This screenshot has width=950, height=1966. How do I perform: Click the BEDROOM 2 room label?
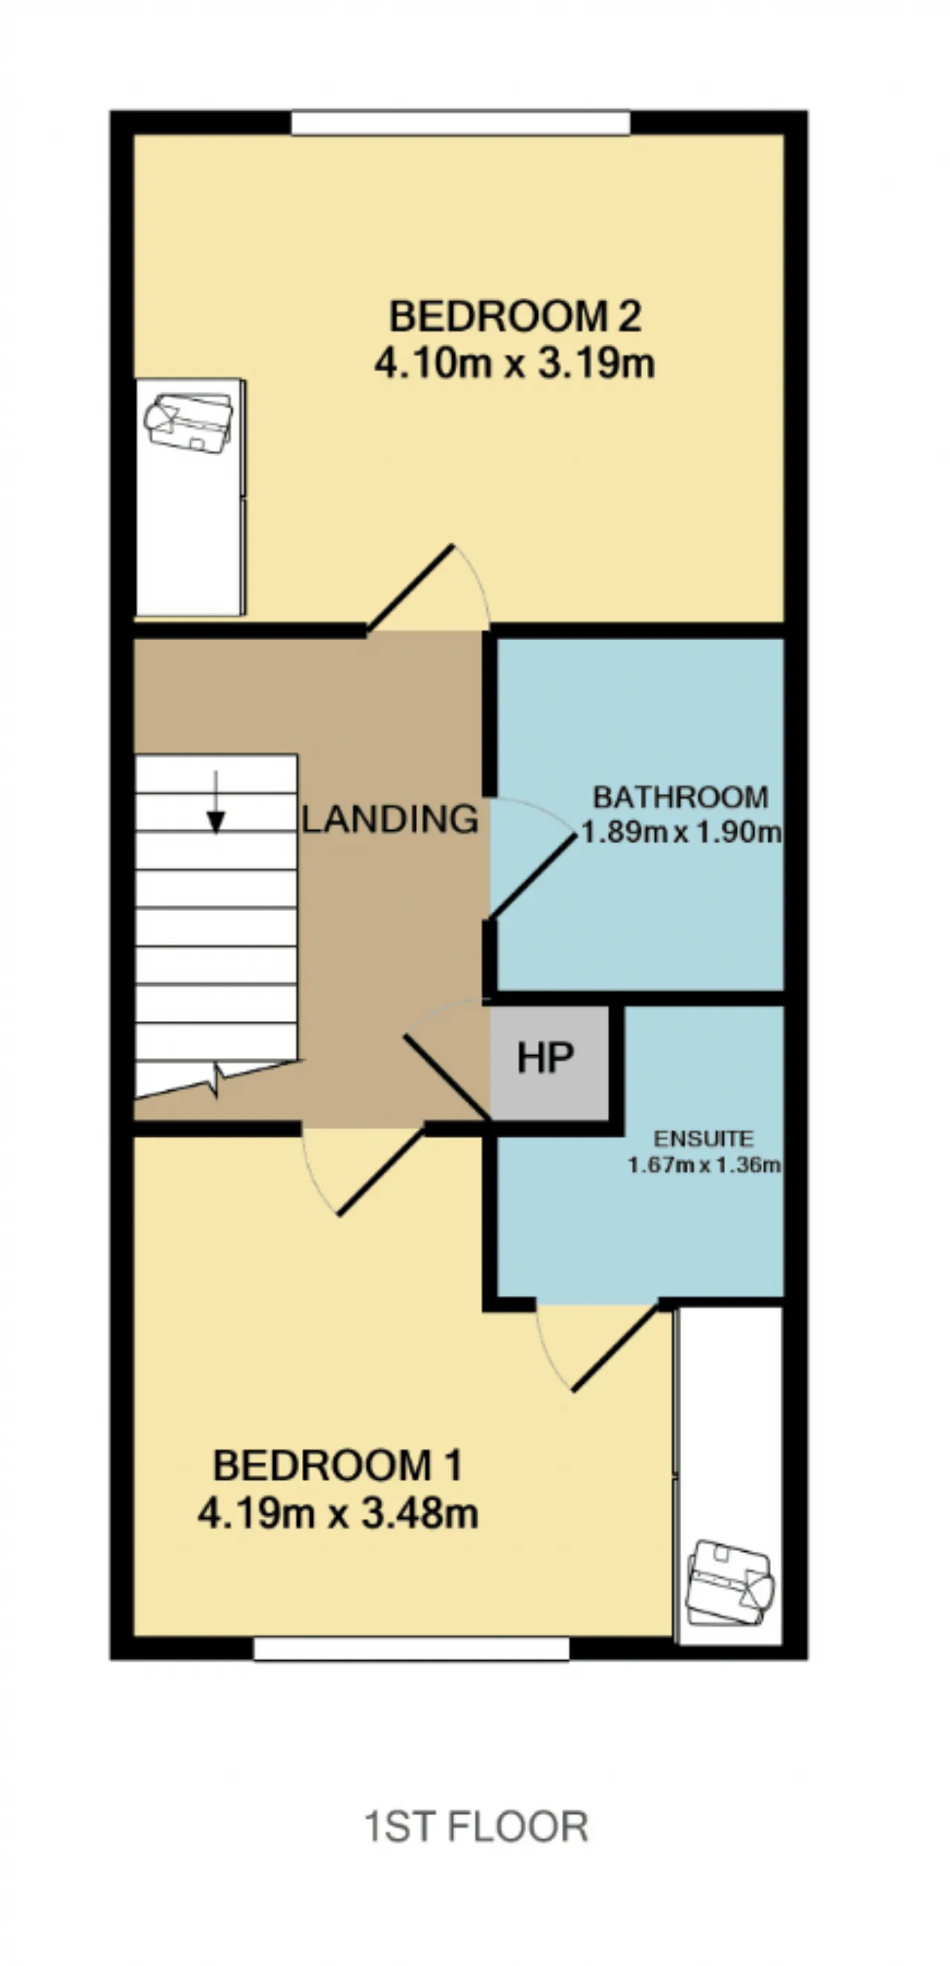click(515, 316)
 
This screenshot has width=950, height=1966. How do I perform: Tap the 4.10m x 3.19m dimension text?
click(514, 363)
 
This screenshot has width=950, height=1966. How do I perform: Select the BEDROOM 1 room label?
click(338, 1466)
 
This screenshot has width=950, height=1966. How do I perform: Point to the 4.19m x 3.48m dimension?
click(338, 1512)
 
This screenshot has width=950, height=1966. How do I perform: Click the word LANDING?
click(390, 819)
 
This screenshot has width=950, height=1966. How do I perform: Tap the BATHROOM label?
click(681, 797)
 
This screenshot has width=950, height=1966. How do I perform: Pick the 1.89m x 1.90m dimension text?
click(681, 831)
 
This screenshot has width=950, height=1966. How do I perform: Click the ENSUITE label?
click(704, 1139)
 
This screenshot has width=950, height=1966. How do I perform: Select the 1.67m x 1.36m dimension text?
click(704, 1165)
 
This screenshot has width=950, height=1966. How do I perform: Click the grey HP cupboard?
click(549, 1063)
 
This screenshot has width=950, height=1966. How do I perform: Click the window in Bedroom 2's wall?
click(461, 123)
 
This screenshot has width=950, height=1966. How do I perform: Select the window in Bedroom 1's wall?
click(411, 1647)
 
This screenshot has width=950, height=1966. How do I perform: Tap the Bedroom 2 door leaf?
click(410, 589)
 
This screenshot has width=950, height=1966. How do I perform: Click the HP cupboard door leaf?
click(447, 1077)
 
